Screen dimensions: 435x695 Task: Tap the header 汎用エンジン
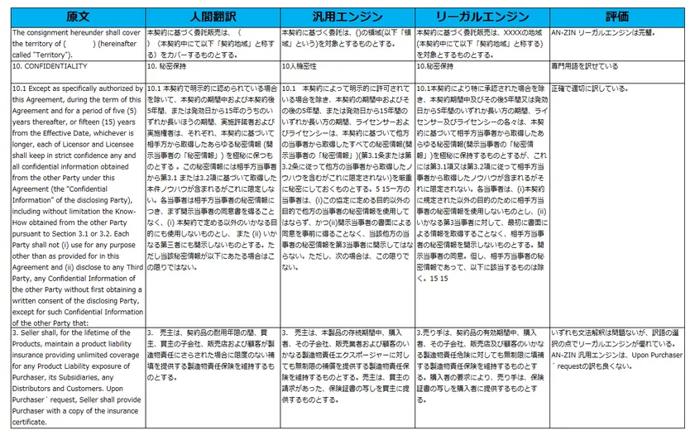[x=347, y=16]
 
